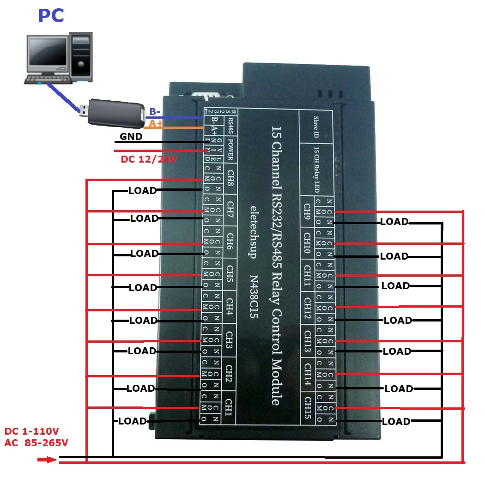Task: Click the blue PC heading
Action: [51, 16]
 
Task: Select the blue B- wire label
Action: [154, 112]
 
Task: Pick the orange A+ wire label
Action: [154, 123]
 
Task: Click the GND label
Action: [131, 137]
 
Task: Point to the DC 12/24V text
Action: [149, 159]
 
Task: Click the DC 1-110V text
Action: [32, 431]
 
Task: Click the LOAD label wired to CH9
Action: [394, 222]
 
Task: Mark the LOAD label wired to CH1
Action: [132, 421]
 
